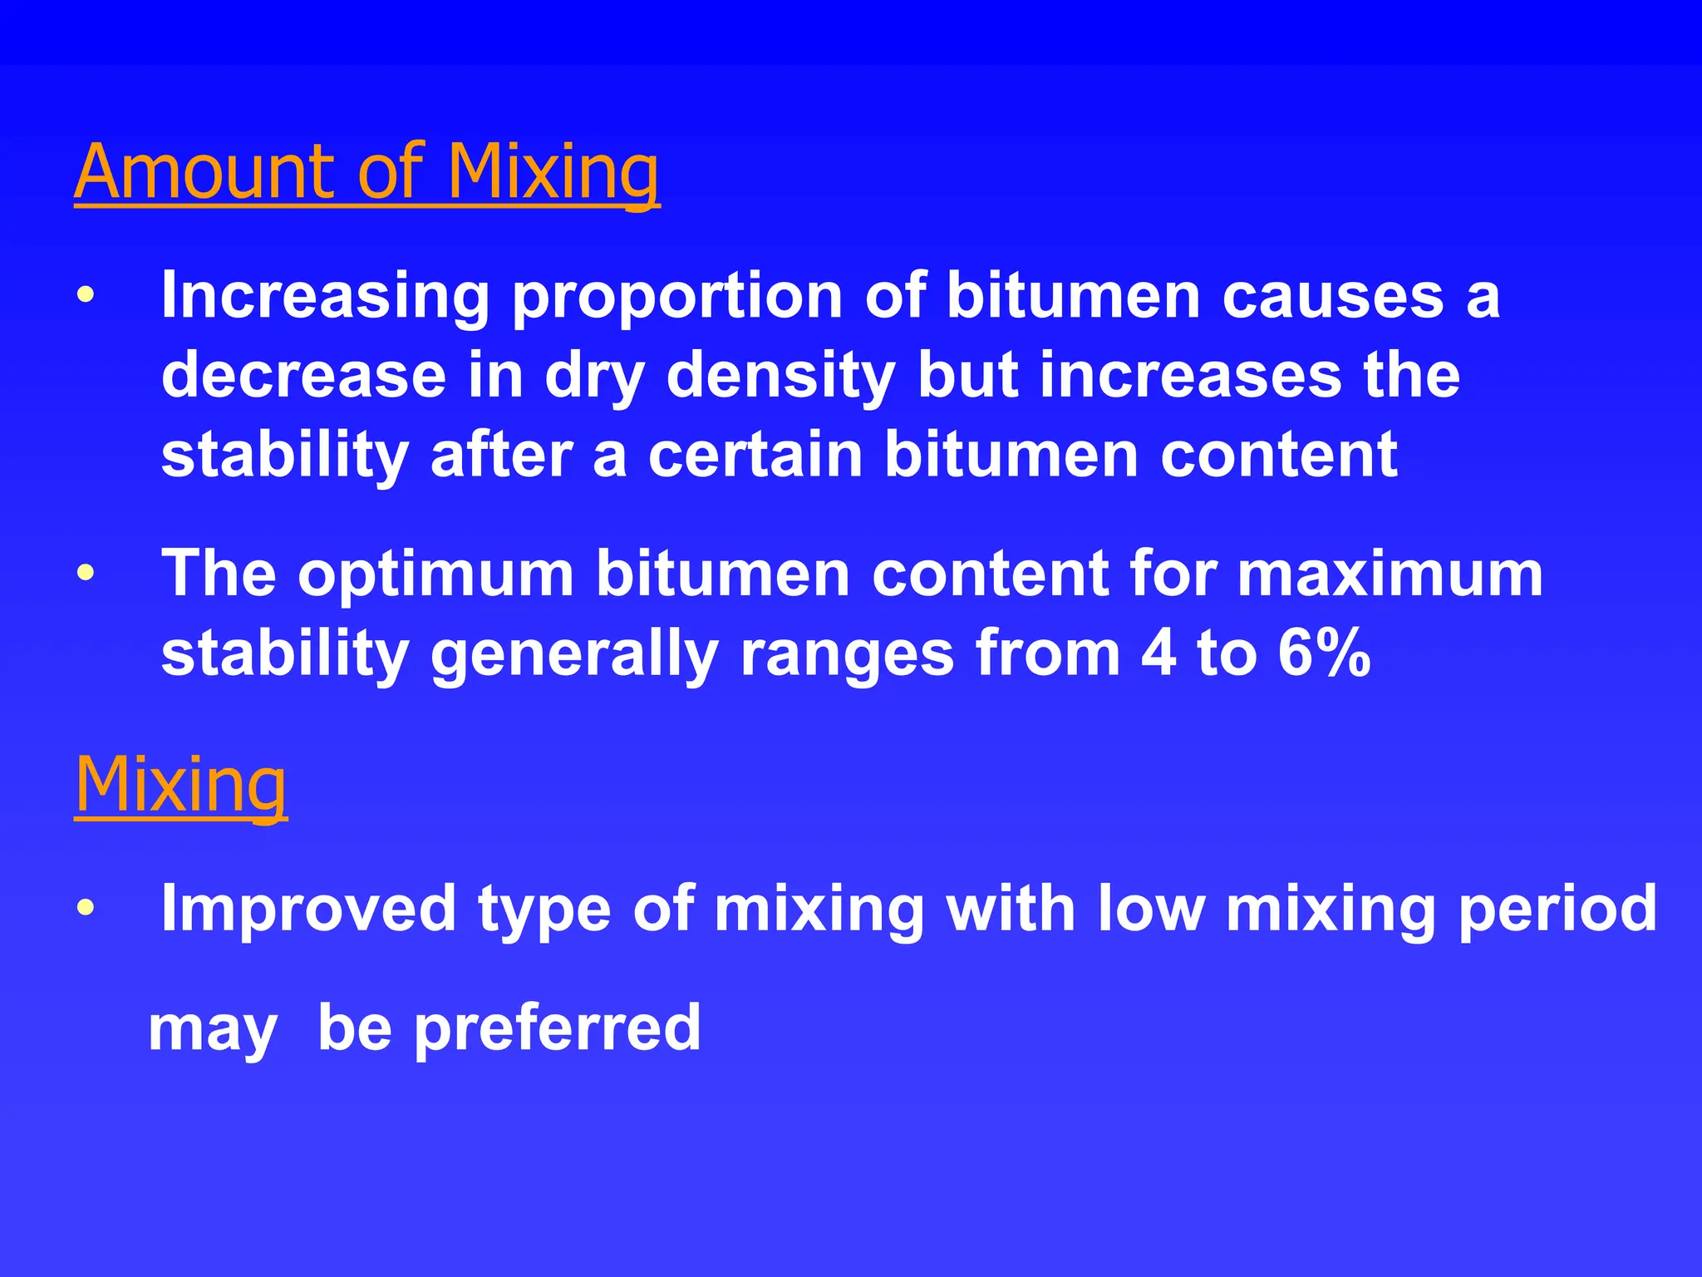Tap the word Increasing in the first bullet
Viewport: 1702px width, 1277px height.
[x=325, y=296]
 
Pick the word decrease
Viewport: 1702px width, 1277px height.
[x=303, y=375]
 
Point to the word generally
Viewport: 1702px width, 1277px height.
[x=574, y=655]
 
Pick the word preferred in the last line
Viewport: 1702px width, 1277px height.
[x=558, y=1029]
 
